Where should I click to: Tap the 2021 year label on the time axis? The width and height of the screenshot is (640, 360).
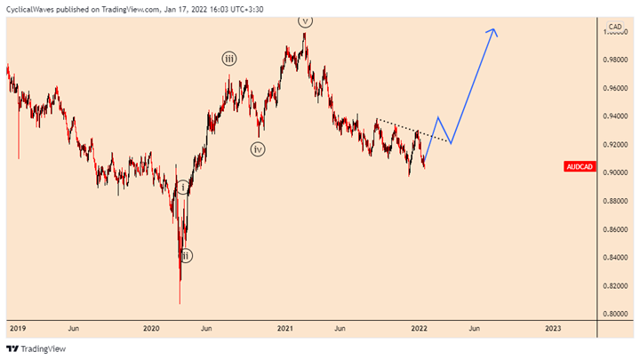pos(285,328)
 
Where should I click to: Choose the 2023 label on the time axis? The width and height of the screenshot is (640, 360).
pos(553,328)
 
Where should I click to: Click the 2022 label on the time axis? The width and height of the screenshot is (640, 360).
pos(420,328)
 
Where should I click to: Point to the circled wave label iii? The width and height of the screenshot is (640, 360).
pos(229,60)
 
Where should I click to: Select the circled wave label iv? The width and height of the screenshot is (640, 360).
pos(258,149)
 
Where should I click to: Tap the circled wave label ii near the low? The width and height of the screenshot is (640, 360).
pos(185,256)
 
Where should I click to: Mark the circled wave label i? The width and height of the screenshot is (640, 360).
pos(182,188)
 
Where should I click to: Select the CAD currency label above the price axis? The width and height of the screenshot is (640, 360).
pos(612,25)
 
